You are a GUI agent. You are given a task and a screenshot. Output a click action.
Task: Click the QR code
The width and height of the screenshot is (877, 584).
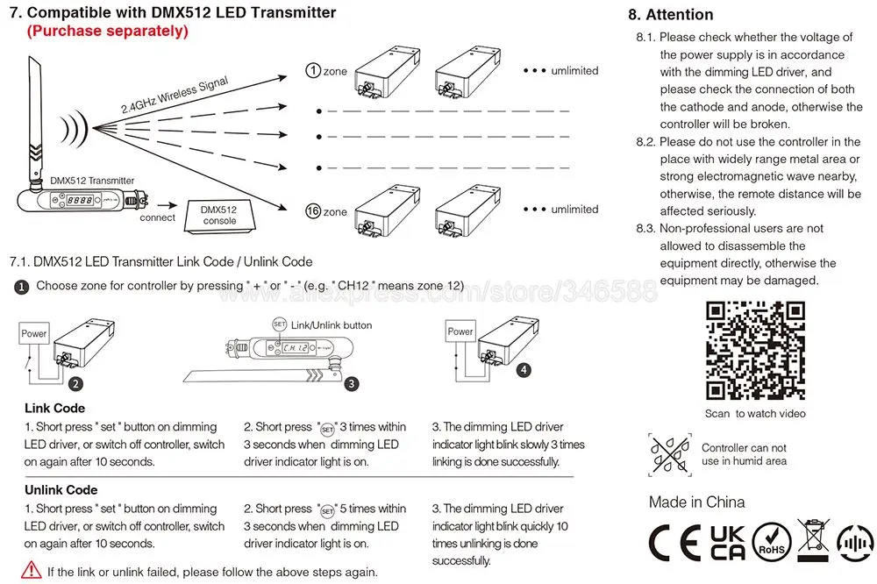coord(755,350)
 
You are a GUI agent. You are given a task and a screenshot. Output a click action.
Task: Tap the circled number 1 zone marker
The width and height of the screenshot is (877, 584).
coord(312,70)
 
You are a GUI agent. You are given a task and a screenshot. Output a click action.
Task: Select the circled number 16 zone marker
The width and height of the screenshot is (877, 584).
coord(312,211)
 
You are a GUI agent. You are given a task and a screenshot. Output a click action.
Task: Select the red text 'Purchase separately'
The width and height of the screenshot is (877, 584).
coord(107,32)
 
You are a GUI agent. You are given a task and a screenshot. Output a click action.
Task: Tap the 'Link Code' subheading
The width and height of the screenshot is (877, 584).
coord(55,408)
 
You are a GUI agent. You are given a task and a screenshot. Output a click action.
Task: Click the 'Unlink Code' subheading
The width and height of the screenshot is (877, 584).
coord(61,489)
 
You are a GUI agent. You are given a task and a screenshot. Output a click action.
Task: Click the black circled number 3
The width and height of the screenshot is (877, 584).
coord(351,383)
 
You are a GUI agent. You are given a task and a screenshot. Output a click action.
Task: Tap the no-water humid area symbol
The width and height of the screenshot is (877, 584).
coord(670,454)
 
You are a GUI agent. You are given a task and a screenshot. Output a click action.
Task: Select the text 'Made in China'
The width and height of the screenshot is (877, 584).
coord(697,502)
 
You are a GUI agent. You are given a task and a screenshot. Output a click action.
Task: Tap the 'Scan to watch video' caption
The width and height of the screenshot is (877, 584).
coord(755,414)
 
